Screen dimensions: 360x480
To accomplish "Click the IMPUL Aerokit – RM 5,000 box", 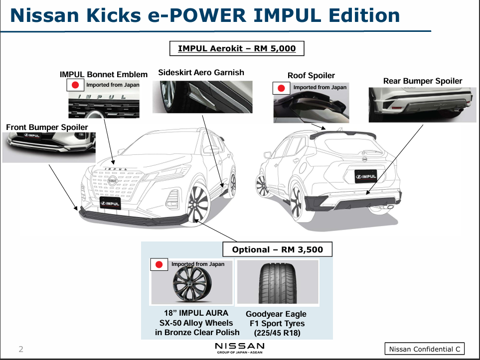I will click(x=237, y=48).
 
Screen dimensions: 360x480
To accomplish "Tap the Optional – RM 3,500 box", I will click(x=277, y=249).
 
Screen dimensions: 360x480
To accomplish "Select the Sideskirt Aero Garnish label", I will click(x=201, y=73).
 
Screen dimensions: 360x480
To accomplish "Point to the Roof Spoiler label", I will click(x=311, y=76).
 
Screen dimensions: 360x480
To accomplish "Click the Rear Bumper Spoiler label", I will click(x=423, y=81).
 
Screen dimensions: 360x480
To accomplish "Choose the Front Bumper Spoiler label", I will click(x=47, y=127).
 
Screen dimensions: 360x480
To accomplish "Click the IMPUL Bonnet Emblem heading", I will click(x=104, y=75).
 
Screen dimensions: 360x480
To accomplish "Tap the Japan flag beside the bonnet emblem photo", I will click(x=75, y=85).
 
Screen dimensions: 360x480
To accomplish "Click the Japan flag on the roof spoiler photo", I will click(x=282, y=88).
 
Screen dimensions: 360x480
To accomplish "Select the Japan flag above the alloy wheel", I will click(x=160, y=264).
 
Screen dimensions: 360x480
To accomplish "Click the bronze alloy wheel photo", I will click(x=191, y=286).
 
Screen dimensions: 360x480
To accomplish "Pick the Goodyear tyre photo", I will click(x=276, y=282).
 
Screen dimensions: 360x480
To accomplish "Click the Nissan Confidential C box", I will click(x=424, y=349).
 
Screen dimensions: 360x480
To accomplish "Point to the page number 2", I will click(x=21, y=349).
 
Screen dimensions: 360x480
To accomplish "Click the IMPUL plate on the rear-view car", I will click(x=365, y=176).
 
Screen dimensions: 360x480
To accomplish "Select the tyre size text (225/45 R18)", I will click(x=277, y=333).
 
